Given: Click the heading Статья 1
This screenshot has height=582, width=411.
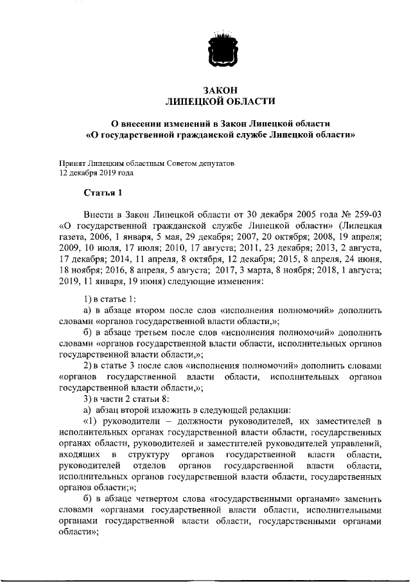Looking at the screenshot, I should click(x=102, y=193).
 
